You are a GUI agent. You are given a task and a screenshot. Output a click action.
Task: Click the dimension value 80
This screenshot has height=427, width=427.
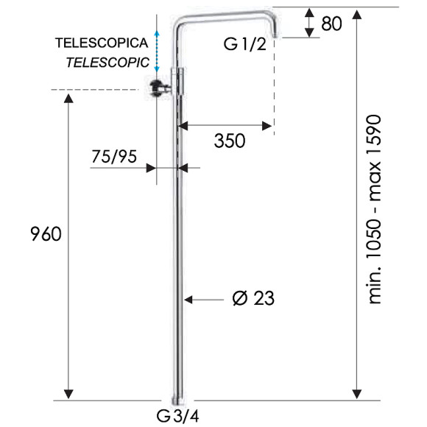click(x=331, y=24)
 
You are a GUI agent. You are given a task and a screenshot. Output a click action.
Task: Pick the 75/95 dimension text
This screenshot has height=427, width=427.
click(x=113, y=155)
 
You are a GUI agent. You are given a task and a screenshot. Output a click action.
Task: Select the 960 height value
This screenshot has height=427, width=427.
click(x=45, y=235)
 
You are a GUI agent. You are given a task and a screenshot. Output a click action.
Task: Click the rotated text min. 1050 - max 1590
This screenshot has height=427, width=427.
click(x=377, y=210)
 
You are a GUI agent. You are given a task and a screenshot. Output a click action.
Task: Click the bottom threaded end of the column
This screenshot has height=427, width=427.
click(x=177, y=397)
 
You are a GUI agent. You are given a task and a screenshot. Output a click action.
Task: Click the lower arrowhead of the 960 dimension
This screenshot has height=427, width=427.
click(x=70, y=394)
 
